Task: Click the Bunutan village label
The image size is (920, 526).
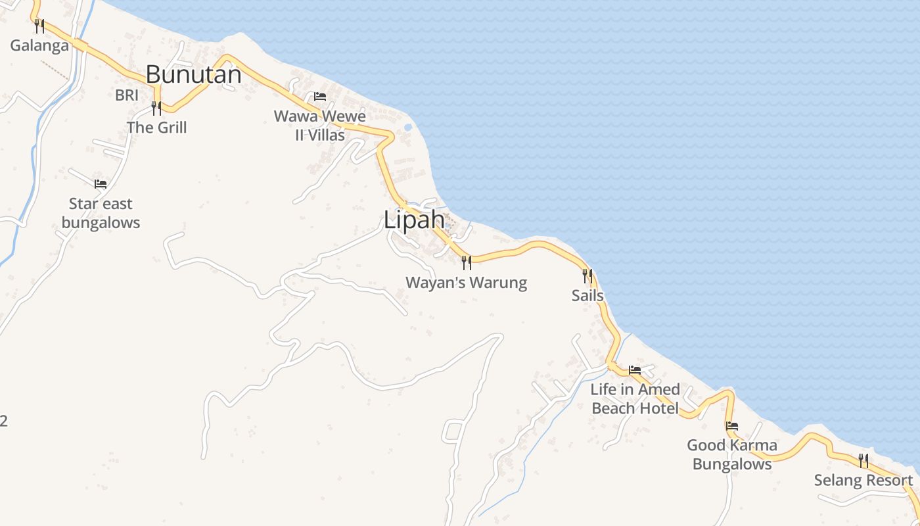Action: tap(193, 74)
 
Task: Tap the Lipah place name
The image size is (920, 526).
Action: tap(414, 220)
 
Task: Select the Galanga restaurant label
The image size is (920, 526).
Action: tap(39, 45)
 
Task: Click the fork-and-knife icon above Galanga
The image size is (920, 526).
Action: tap(39, 26)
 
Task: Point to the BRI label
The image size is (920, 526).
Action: tap(127, 95)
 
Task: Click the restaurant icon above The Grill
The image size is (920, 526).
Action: tap(156, 108)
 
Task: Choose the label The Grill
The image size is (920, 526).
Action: tap(156, 128)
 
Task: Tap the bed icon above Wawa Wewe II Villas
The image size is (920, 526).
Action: tap(320, 97)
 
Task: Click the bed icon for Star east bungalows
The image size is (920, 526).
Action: tap(101, 184)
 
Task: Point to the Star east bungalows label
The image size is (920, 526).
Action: tap(101, 213)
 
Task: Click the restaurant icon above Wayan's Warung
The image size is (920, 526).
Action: tap(467, 263)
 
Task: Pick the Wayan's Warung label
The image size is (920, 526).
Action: tap(467, 283)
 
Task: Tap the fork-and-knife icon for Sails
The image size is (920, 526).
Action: tap(587, 275)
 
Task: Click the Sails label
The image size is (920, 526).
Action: tap(587, 295)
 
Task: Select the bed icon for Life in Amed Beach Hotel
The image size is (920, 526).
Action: tap(635, 370)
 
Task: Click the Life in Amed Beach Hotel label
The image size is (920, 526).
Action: tap(635, 398)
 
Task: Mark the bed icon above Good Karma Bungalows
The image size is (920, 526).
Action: tap(732, 426)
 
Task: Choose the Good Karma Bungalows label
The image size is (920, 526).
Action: tap(732, 454)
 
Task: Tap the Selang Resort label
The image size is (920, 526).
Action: tap(863, 480)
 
